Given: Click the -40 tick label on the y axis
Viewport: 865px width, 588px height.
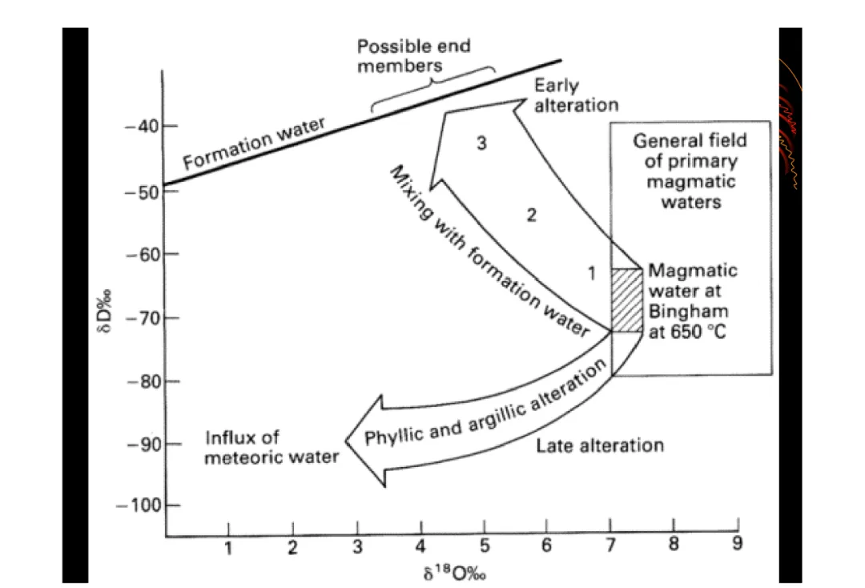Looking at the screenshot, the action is click(x=141, y=127).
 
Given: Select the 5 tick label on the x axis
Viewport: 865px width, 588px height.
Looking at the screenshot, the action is click(x=485, y=546).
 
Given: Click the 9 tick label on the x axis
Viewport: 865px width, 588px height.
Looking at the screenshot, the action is click(x=737, y=544).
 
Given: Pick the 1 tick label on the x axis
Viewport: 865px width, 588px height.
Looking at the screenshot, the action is click(x=227, y=548).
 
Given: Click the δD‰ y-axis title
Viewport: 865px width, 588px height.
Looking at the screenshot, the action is click(x=104, y=311).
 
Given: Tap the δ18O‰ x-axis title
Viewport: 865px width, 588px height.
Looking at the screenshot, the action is click(x=455, y=573).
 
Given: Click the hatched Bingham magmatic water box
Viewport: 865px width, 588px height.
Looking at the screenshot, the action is click(x=627, y=300).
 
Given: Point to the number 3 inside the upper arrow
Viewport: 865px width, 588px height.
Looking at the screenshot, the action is click(x=481, y=143).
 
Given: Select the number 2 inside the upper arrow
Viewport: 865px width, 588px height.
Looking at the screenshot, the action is click(x=531, y=215).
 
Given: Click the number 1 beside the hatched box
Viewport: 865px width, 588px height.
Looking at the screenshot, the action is click(x=592, y=273).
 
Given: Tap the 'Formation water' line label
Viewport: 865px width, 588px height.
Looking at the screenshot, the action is click(x=254, y=143).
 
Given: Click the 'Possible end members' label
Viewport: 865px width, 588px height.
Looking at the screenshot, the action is click(x=414, y=56).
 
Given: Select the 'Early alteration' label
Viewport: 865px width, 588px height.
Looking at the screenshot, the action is click(x=576, y=95).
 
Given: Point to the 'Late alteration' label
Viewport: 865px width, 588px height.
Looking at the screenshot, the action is click(x=600, y=445).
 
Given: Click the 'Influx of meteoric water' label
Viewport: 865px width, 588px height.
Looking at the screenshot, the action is click(x=271, y=447).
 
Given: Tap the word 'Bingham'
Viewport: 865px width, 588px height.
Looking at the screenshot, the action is click(x=688, y=312).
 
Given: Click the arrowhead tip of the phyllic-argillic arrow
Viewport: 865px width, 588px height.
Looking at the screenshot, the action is click(x=346, y=441).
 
